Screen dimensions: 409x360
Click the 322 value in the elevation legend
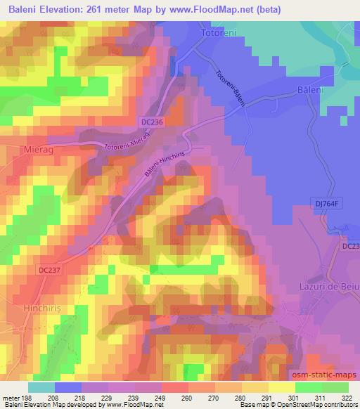tap(346, 398)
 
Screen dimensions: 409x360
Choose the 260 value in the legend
tap(185, 398)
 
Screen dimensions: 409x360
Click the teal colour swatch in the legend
tap(41, 387)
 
